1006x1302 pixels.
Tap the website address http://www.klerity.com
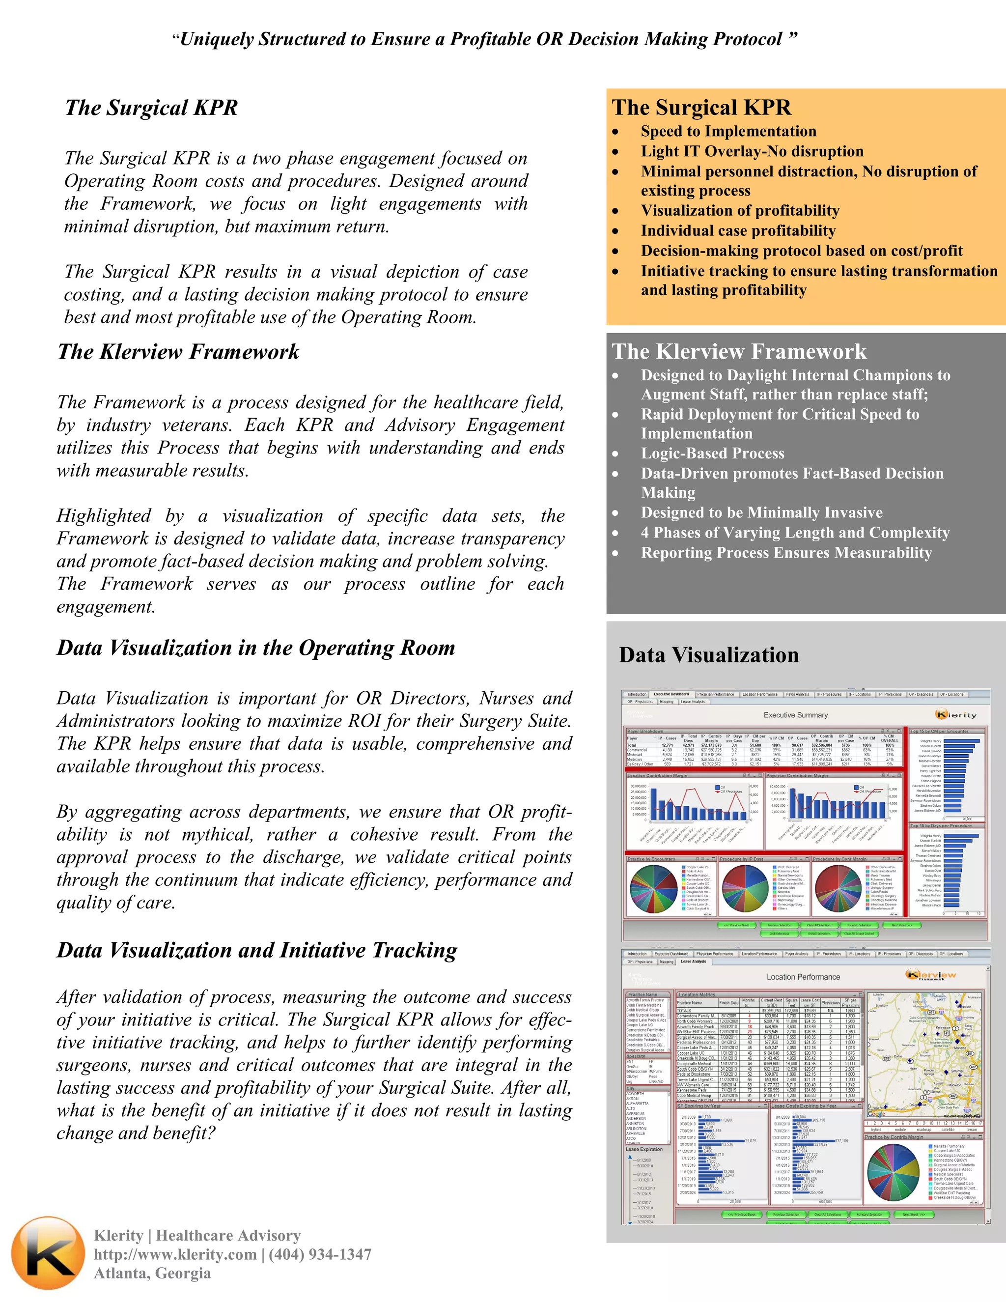[175, 1254]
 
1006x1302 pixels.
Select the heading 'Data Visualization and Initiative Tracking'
[257, 950]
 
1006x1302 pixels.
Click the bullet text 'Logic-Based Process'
[712, 453]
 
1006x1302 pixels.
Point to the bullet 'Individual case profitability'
[738, 231]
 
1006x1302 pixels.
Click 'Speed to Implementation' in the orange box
[728, 131]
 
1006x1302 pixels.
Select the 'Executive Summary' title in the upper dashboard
[796, 715]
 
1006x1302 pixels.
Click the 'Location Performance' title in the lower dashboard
[803, 977]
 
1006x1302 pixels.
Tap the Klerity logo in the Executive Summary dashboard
[955, 714]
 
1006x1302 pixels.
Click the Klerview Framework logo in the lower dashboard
[931, 975]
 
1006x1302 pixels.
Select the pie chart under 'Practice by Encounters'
[654, 889]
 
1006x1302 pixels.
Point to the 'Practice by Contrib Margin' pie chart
[894, 1173]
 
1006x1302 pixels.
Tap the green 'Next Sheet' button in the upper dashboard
[901, 925]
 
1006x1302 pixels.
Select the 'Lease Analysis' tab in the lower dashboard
[693, 961]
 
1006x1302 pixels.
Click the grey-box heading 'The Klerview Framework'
[739, 352]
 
